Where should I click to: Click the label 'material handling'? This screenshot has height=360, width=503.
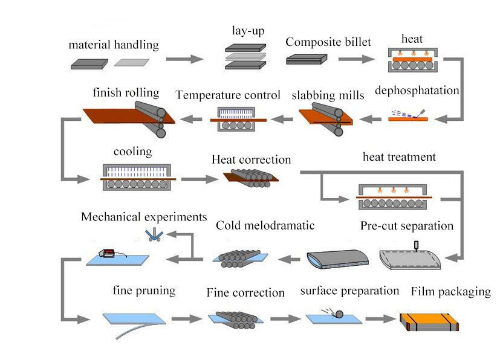pos(114,45)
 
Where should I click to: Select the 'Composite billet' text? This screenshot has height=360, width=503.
pos(328,42)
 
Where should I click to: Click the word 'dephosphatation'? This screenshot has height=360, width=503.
pos(417,91)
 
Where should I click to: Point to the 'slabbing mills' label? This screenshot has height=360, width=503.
pos(328,95)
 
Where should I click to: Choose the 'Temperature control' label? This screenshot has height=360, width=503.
pos(228,95)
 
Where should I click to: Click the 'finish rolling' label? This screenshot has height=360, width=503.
pos(126,92)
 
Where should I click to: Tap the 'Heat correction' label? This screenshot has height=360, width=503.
pos(251,160)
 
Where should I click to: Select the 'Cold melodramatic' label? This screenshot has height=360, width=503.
pos(265,225)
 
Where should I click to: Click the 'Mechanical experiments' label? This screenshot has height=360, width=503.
pos(144,216)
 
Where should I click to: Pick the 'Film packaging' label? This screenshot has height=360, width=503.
pos(451,292)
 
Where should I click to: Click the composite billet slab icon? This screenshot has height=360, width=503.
pos(307,59)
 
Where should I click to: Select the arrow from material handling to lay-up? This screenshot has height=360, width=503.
pos(185,59)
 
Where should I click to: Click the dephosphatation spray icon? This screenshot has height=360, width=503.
pos(408,115)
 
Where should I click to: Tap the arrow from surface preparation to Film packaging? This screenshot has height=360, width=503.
pos(380,318)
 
